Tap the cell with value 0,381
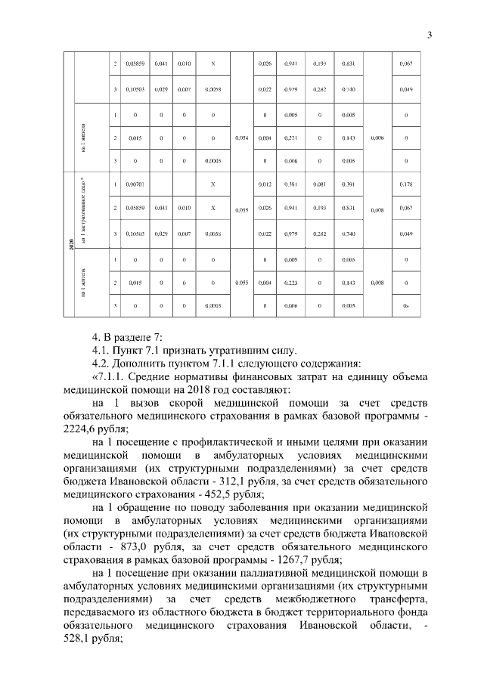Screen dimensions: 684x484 (x=289, y=184)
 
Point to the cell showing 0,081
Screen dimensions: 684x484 (x=318, y=184)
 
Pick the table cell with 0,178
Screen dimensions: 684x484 (x=406, y=184)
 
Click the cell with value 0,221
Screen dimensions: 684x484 (x=289, y=138)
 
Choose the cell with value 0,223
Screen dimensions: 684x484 (x=289, y=282)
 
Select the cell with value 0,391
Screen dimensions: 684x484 (x=348, y=184)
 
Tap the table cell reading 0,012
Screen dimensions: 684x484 (x=264, y=184)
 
